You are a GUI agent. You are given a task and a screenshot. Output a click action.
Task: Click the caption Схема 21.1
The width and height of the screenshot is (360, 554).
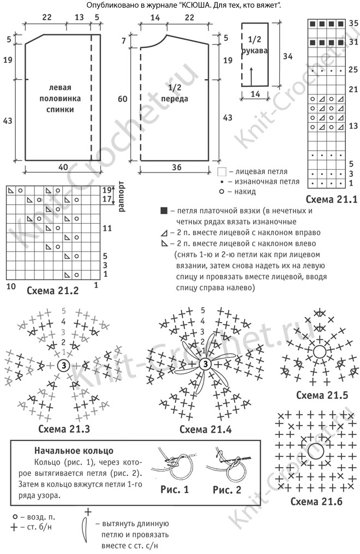coord(331,199)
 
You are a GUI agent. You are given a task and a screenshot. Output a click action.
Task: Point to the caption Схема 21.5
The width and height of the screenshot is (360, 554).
coord(319,395)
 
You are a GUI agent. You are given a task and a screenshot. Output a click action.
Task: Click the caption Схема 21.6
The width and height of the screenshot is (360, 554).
coord(316,501)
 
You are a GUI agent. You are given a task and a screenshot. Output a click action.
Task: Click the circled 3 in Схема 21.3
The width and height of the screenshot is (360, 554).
coord(63,366)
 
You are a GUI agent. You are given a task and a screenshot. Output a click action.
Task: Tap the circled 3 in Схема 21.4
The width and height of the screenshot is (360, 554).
coord(205,364)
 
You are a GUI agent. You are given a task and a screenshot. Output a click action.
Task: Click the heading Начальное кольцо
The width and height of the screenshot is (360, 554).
coord(74,450)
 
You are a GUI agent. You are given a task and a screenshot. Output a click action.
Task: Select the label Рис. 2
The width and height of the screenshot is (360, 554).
coord(227,490)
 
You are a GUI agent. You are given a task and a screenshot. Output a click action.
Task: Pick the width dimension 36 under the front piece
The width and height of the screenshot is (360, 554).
coord(176,168)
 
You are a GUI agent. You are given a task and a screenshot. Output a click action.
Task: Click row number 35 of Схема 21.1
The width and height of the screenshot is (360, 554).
coord(352,24)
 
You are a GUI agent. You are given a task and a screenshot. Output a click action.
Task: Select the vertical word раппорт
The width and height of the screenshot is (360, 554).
coord(121,195)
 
